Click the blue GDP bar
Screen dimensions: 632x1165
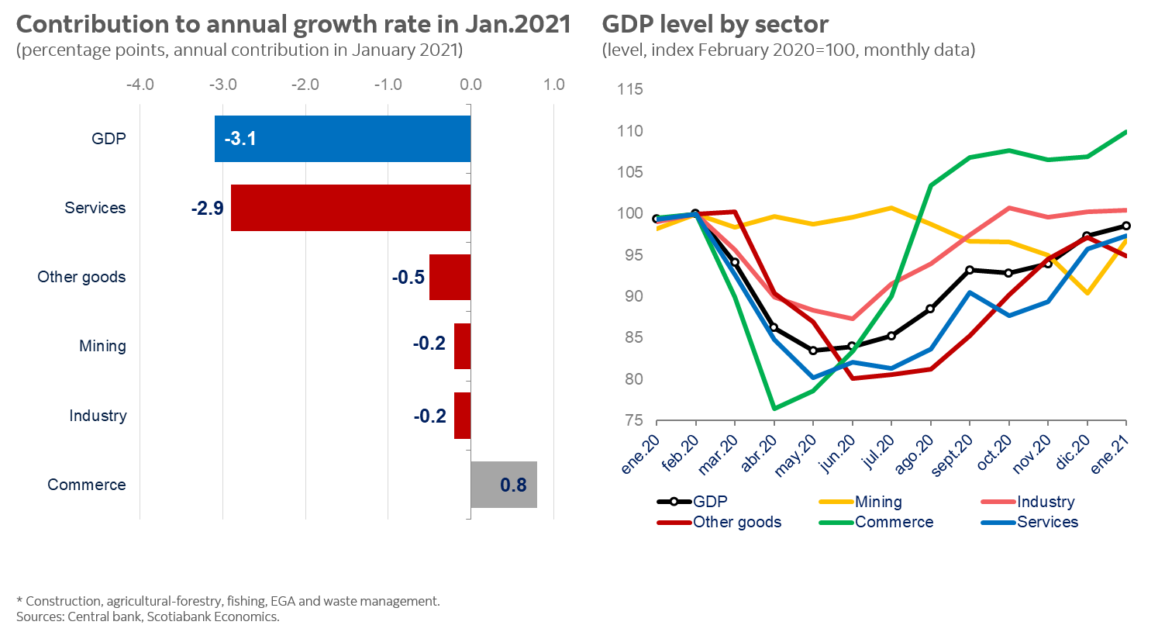coord(343,139)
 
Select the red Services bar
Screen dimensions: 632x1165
coord(350,208)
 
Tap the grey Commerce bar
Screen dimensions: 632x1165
coord(504,485)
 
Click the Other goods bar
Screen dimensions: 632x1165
coord(450,277)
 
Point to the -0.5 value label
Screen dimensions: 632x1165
coord(408,277)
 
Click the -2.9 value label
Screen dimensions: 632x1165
coord(208,208)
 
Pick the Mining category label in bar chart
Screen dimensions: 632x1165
coord(102,346)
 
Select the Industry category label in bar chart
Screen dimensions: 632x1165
coord(98,416)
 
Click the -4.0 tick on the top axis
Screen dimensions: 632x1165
coord(140,85)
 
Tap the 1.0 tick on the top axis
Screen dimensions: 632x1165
coord(553,85)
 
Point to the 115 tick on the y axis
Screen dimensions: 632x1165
coord(630,89)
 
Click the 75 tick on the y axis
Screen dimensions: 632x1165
coord(634,420)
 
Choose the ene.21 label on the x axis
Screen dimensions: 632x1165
coord(1109,454)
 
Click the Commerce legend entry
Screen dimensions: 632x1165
coord(894,522)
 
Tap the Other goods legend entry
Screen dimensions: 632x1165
coord(736,522)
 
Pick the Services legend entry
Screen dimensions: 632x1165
coord(1047,522)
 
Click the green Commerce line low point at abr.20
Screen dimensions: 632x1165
coord(774,409)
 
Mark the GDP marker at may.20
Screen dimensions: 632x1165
coord(813,351)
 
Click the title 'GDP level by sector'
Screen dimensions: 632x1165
coord(715,25)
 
